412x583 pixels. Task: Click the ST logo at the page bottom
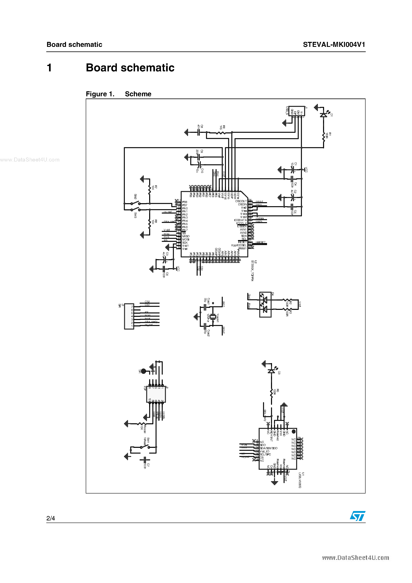[357, 516]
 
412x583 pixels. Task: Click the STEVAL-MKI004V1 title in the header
[334, 45]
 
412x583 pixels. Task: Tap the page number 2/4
[50, 518]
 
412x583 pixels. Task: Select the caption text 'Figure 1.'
[100, 94]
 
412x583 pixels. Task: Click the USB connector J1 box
[297, 111]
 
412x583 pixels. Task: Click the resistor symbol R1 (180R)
[324, 137]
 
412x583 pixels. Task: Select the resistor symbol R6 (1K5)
[221, 132]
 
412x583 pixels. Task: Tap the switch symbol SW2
[135, 203]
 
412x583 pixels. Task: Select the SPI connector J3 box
[129, 316]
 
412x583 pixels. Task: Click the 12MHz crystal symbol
[213, 316]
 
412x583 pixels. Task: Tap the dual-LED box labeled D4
[265, 304]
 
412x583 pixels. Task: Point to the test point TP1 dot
[144, 371]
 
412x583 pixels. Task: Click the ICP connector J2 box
[156, 394]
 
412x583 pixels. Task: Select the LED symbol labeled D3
[271, 371]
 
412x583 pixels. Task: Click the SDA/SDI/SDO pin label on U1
[268, 448]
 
